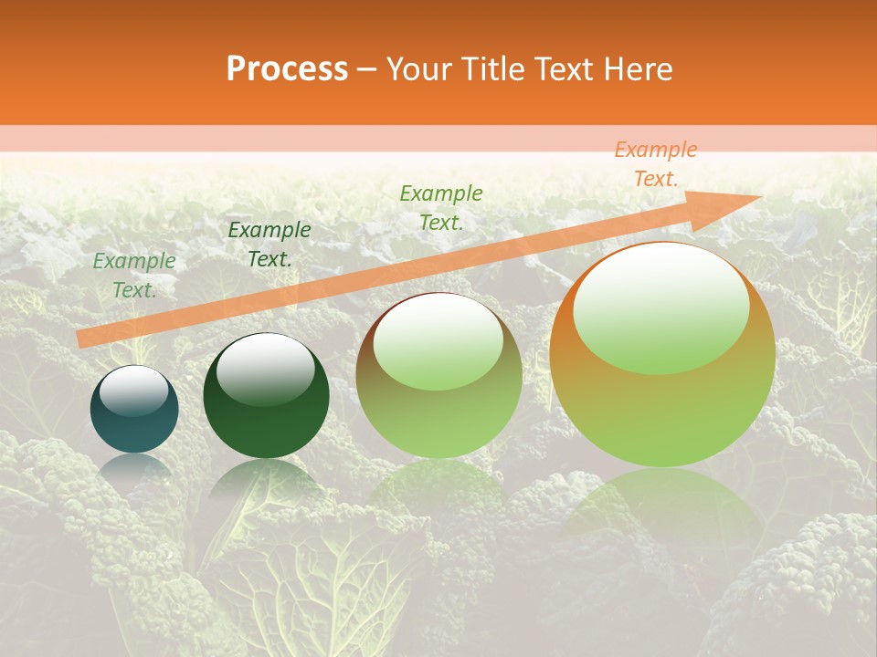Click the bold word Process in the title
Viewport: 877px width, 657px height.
[x=287, y=69]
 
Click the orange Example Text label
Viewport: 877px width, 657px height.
[x=655, y=164]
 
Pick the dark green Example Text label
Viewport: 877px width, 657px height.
[x=269, y=245]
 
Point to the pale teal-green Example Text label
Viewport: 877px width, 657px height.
[x=134, y=276]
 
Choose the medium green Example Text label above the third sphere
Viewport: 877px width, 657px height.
[x=441, y=208]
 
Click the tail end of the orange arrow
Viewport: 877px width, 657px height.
[x=80, y=339]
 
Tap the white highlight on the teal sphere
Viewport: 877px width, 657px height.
[x=134, y=391]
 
